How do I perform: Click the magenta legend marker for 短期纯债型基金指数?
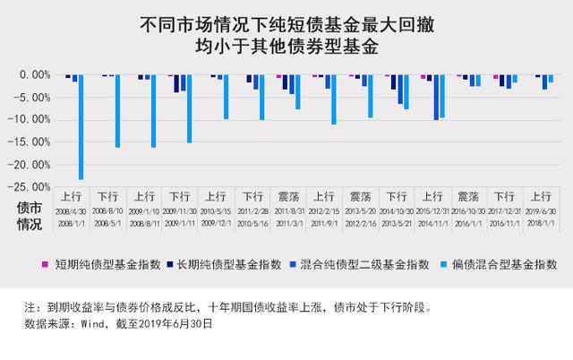pos(47,264)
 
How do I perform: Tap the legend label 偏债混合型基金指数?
pos(506,264)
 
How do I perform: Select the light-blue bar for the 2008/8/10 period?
pos(117,111)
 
